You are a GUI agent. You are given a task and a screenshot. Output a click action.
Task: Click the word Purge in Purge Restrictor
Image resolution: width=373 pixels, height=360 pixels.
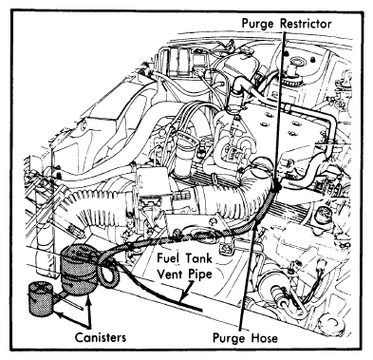pos(258,24)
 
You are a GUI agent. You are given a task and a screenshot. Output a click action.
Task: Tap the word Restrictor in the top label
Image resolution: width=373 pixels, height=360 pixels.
pos(306,24)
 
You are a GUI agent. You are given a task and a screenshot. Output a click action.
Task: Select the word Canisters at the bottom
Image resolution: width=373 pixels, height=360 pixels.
pos(101,337)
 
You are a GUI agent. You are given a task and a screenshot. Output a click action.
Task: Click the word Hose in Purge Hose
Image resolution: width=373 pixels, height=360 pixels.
pos(265,338)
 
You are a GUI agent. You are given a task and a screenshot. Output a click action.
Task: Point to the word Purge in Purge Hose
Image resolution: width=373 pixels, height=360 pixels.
pos(229,338)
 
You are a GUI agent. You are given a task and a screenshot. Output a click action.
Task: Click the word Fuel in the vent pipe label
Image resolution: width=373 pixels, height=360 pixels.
pos(169,258)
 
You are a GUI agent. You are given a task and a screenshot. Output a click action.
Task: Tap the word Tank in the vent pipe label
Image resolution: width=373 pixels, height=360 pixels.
pos(198,258)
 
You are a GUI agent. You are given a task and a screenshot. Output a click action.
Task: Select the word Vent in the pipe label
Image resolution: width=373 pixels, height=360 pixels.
pos(170,274)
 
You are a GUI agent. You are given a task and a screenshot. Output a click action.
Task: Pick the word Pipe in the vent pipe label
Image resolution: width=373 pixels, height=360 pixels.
pos(200,275)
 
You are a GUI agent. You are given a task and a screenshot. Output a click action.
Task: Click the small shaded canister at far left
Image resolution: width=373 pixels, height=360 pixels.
pos(42,298)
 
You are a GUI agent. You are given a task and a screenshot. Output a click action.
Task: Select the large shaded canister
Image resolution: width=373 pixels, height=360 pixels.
pos(79,270)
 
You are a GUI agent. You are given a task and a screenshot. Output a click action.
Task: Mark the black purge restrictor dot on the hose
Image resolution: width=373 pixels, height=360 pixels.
pos(277,186)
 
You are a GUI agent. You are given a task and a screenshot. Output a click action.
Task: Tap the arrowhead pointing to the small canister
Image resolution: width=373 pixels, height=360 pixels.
pos(57,313)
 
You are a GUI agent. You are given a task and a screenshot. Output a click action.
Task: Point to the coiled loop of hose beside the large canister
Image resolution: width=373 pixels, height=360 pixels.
pos(108,273)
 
